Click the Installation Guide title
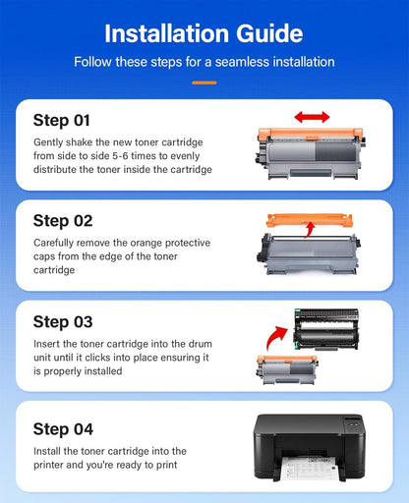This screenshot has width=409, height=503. (x=204, y=33)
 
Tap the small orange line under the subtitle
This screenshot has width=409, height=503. (x=204, y=82)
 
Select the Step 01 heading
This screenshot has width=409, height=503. (x=62, y=121)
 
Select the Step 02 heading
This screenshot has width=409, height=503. (x=62, y=220)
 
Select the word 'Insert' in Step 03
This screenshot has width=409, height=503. (x=46, y=345)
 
